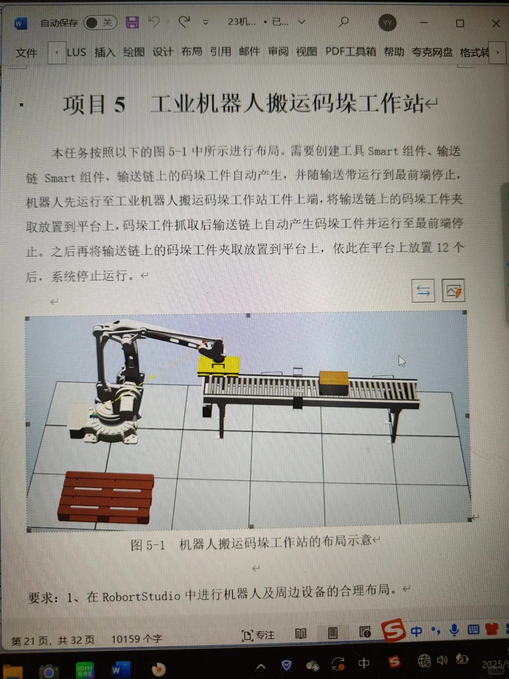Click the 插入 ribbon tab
[105, 52]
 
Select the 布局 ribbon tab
[191, 52]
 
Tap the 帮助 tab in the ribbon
[394, 52]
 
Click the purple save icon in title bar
[132, 22]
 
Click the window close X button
[496, 24]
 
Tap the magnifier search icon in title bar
[344, 22]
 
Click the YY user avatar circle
[387, 23]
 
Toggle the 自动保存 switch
[100, 23]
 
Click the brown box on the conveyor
[334, 382]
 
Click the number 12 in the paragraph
[442, 248]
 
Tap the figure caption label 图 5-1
[148, 545]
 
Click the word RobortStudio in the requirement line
[141, 596]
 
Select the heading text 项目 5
[94, 104]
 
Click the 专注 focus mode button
[258, 635]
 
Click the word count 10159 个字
[137, 639]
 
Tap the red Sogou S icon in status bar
[393, 630]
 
